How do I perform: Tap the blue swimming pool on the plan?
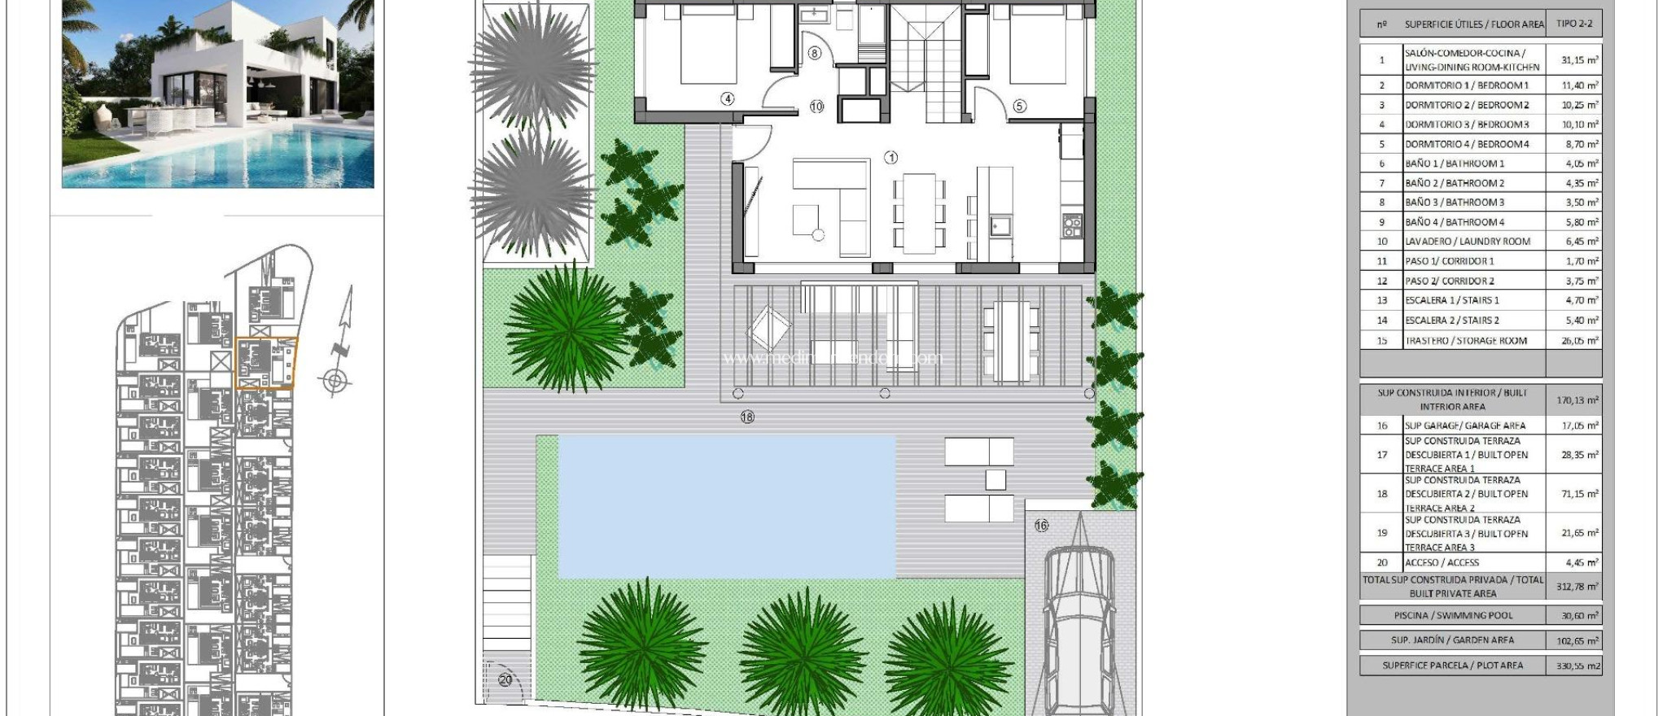click(x=726, y=506)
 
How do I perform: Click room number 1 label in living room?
click(x=890, y=157)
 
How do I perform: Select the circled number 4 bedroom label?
click(x=727, y=98)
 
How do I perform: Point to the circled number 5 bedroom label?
click(x=1019, y=106)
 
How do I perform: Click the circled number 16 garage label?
click(x=1041, y=526)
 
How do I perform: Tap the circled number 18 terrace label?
click(x=747, y=417)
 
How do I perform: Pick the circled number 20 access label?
click(x=505, y=679)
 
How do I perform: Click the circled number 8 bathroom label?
click(x=815, y=53)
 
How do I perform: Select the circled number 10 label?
click(x=816, y=106)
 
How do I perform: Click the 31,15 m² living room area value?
click(x=1579, y=60)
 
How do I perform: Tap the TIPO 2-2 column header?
click(x=1574, y=24)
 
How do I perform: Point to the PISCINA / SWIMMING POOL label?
click(x=1452, y=616)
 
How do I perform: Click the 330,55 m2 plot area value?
click(x=1578, y=666)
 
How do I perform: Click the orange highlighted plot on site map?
click(x=266, y=363)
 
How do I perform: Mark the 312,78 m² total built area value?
click(x=1577, y=587)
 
